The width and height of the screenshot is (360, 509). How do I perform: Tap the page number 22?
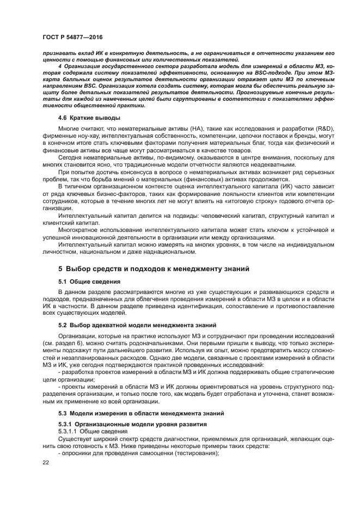pyautogui.click(x=46, y=461)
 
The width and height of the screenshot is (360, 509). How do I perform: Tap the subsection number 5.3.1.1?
pyautogui.click(x=69, y=430)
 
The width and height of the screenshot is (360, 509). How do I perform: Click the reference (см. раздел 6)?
pyautogui.click(x=62, y=344)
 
